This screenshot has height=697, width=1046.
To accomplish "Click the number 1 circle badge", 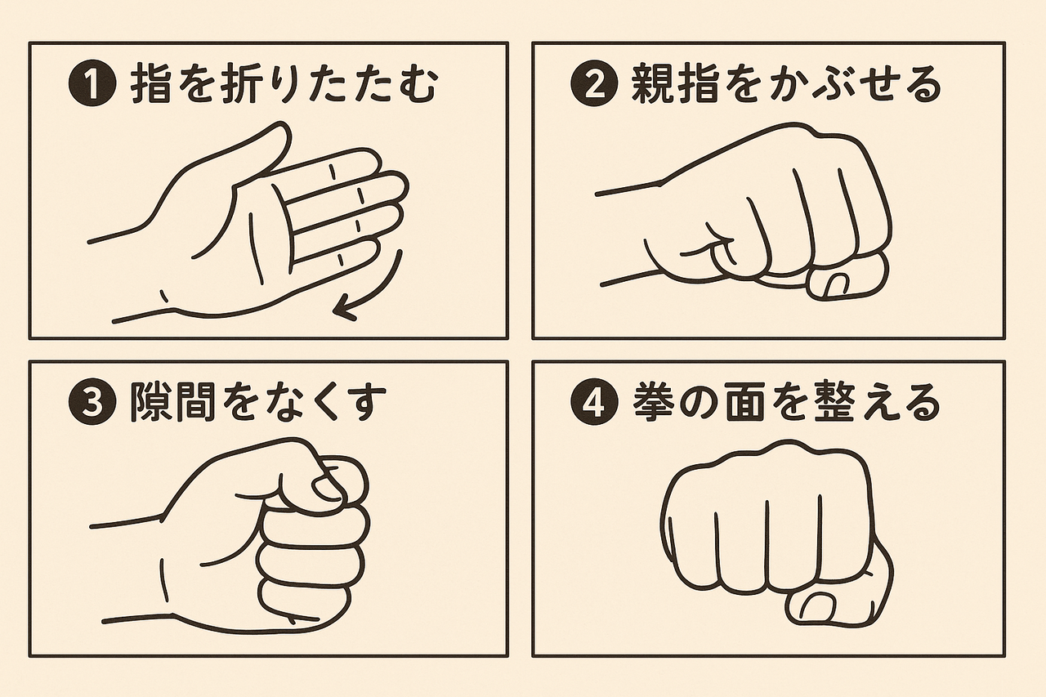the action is click(x=92, y=86).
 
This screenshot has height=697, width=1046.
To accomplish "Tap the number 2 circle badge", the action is click(x=594, y=86).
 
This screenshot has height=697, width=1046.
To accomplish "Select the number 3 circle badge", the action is click(x=92, y=403).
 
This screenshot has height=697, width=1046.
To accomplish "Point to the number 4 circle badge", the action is click(x=594, y=403).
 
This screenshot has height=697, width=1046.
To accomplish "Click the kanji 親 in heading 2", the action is click(x=651, y=85).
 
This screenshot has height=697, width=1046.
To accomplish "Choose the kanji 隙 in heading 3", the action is click(x=150, y=402).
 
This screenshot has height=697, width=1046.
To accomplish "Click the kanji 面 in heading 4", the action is click(x=744, y=402).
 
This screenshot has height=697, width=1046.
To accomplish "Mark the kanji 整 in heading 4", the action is click(x=836, y=402).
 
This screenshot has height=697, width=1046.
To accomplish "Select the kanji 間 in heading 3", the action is click(x=195, y=402).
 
